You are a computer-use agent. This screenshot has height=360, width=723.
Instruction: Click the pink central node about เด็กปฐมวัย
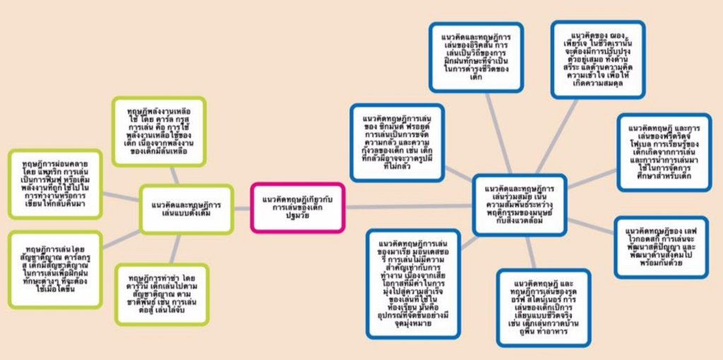click(297, 206)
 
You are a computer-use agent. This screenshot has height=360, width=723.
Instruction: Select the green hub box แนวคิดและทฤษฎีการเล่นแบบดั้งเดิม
click(186, 208)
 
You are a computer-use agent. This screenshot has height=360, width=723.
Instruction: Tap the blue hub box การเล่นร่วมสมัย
click(520, 199)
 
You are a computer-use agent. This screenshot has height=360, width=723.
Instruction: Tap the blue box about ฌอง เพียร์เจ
click(597, 59)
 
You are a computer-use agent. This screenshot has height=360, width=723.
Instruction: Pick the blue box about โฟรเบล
click(664, 152)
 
